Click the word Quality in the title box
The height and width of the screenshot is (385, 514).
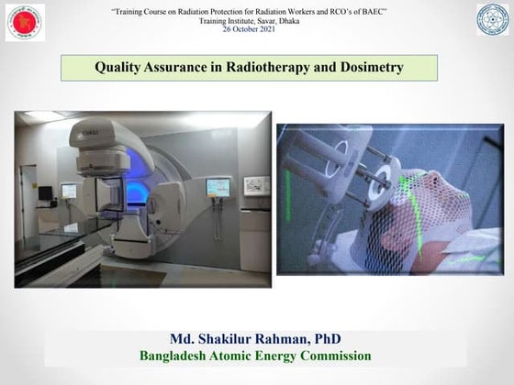point(120,67)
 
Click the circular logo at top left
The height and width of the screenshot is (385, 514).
point(25,22)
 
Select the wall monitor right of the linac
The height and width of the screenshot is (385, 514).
point(217,187)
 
